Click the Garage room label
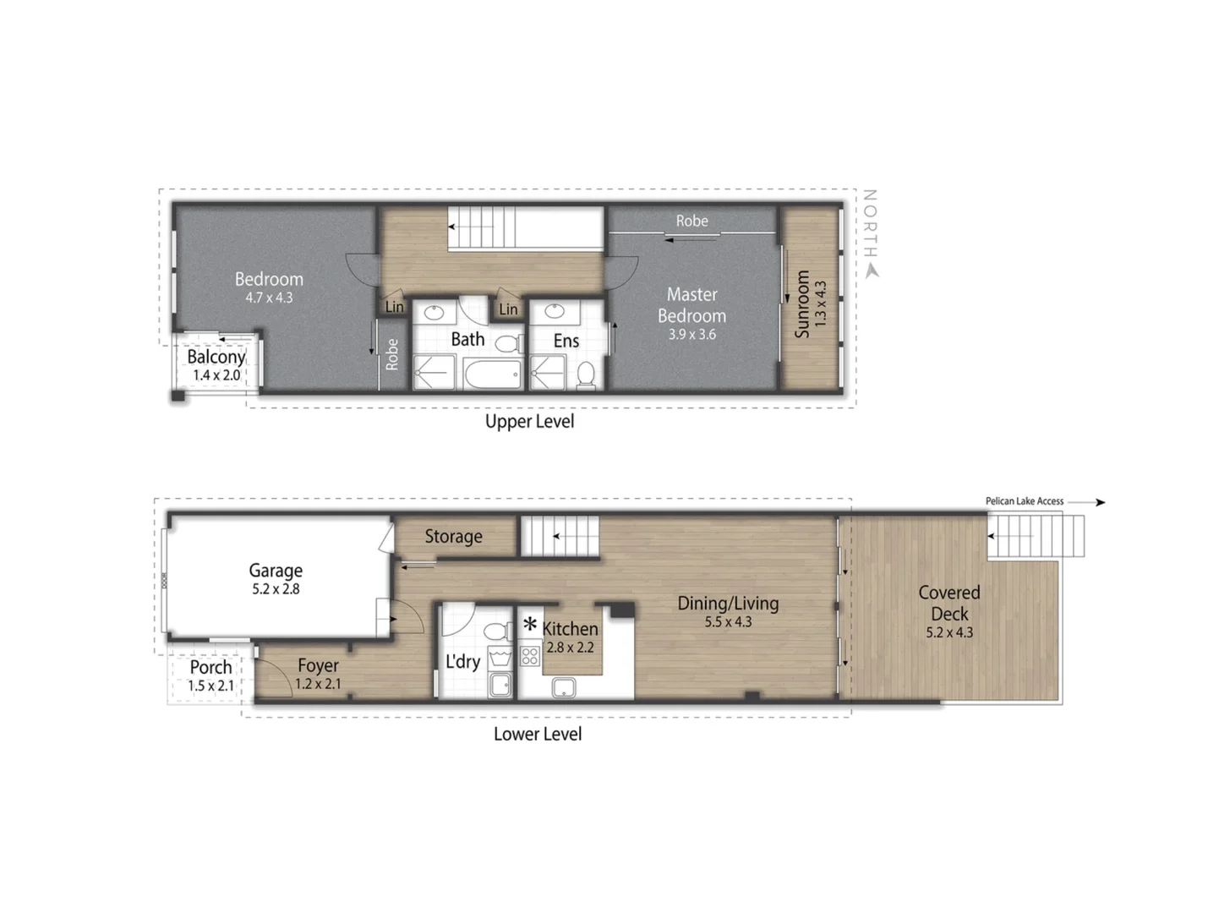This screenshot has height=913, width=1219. [x=276, y=571]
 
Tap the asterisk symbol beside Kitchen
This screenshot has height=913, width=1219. [x=530, y=626]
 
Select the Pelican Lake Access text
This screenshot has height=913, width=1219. [x=1024, y=501]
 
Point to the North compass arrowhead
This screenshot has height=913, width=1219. [x=872, y=271]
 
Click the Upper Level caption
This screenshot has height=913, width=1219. [x=529, y=421]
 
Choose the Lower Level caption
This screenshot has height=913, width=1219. [x=538, y=734]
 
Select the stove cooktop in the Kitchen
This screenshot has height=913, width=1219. [x=530, y=655]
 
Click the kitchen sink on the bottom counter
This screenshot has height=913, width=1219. [x=564, y=688]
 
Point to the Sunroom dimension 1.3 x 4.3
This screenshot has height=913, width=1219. [x=820, y=304]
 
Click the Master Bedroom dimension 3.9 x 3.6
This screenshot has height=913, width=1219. [x=691, y=335]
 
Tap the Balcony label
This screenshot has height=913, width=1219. [x=216, y=357]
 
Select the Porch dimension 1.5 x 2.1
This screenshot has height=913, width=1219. [x=210, y=686]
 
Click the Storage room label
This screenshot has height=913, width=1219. [x=453, y=536]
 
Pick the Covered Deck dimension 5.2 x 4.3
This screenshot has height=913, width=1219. [x=949, y=632]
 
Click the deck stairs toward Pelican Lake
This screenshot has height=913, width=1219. [x=1036, y=537]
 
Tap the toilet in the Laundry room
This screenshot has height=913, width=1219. [x=497, y=631]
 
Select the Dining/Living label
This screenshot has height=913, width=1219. [x=728, y=603]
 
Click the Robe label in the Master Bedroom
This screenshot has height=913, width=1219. [x=691, y=221]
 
